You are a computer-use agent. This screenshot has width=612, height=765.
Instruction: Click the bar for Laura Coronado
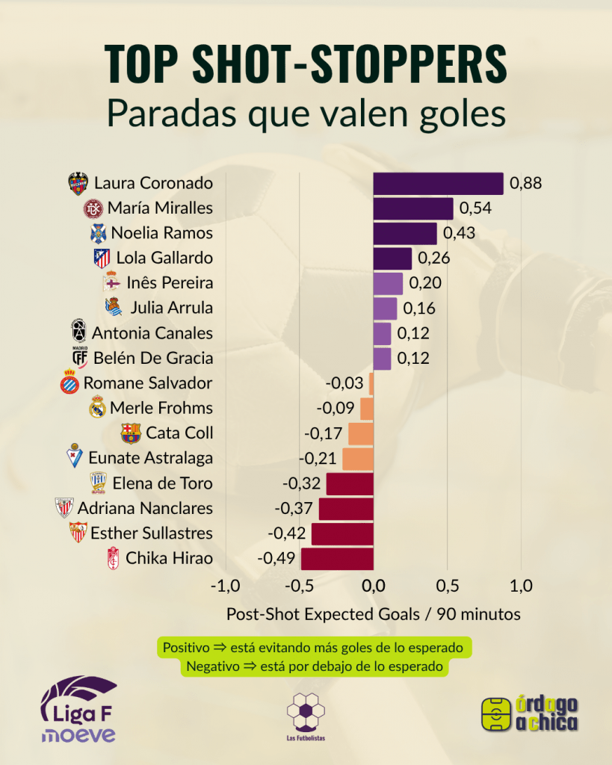pyautogui.click(x=438, y=183)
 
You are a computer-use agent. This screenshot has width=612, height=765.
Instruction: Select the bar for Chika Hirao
pyautogui.click(x=336, y=558)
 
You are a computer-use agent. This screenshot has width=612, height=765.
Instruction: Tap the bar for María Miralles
pyautogui.click(x=412, y=208)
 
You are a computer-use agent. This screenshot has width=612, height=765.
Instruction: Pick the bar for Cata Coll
pyautogui.click(x=360, y=433)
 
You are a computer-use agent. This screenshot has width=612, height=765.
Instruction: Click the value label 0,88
pyautogui.click(x=525, y=183)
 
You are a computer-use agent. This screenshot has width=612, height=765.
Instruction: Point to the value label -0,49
pyautogui.click(x=277, y=558)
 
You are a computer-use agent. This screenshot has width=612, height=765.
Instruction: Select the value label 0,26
pyautogui.click(x=433, y=258)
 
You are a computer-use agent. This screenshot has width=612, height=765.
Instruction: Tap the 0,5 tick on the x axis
pyautogui.click(x=447, y=585)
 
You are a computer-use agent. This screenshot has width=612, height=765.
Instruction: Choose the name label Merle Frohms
pyautogui.click(x=161, y=408)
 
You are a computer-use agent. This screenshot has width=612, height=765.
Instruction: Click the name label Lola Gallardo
pyautogui.click(x=164, y=258)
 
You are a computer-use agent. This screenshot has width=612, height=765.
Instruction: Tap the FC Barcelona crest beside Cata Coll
pyautogui.click(x=131, y=433)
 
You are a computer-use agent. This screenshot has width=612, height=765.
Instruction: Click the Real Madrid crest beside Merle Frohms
pyautogui.click(x=97, y=408)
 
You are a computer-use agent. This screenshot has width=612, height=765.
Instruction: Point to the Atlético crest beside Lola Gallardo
pyautogui.click(x=102, y=258)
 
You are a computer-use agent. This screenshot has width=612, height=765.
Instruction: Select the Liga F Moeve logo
pyautogui.click(x=78, y=710)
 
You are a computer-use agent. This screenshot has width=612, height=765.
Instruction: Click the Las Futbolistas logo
pyautogui.click(x=306, y=713)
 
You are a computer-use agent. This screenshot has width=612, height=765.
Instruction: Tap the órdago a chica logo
pyautogui.click(x=531, y=713)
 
